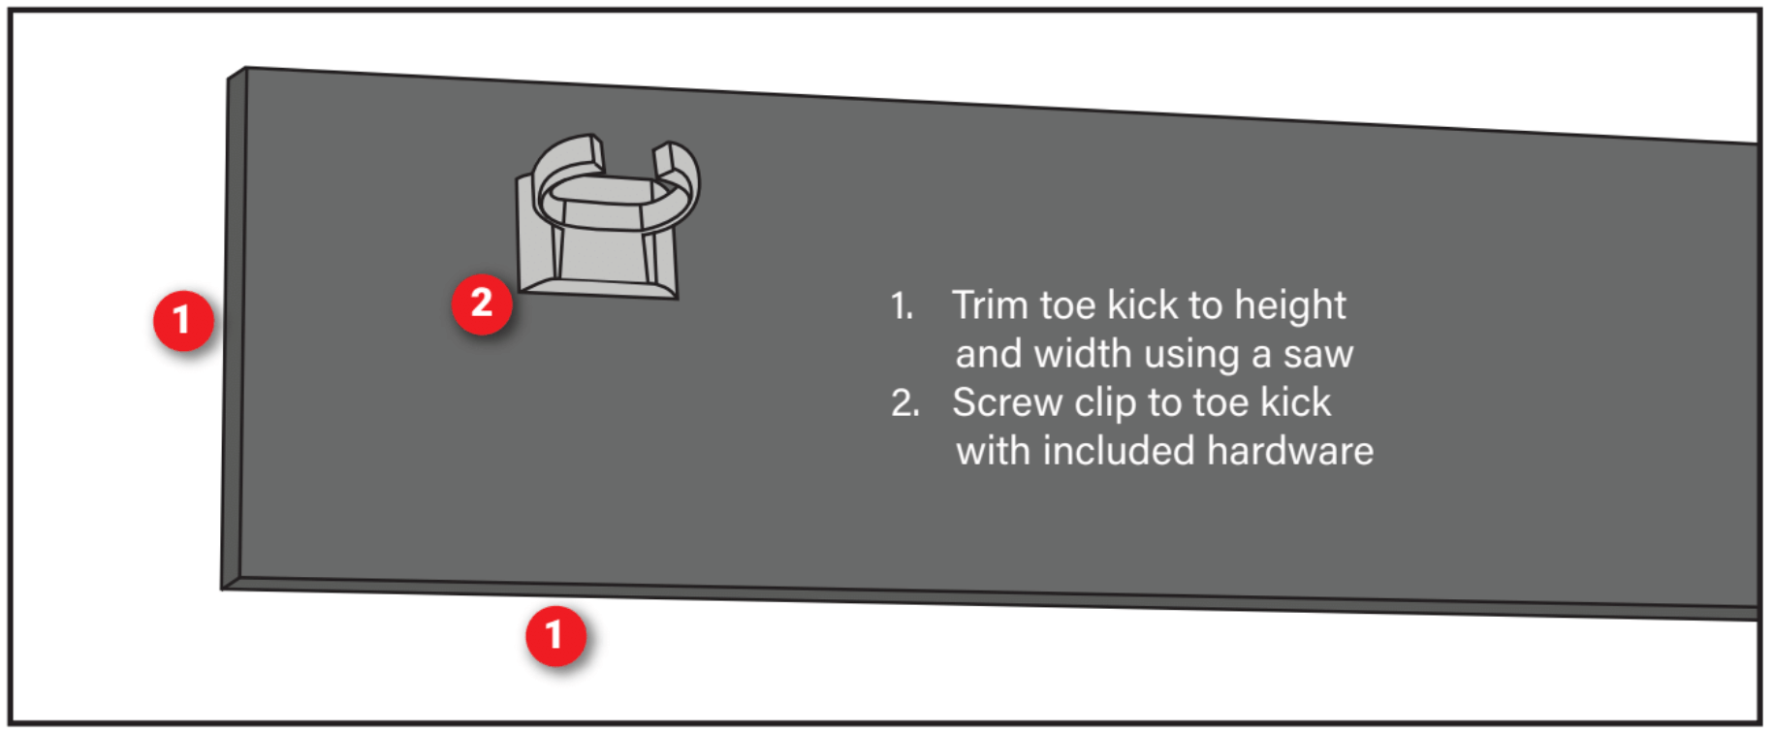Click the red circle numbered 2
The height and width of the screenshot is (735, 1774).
point(482,304)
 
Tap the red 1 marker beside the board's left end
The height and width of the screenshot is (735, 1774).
point(183,320)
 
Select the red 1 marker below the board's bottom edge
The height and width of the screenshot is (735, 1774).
point(555,636)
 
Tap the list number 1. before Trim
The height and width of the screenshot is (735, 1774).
point(903,306)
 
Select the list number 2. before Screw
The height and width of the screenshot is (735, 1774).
point(905,403)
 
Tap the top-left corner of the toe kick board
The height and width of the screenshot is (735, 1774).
point(245,67)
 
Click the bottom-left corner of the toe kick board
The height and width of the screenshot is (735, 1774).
point(222,589)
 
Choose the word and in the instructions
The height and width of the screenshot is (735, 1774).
point(990,354)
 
